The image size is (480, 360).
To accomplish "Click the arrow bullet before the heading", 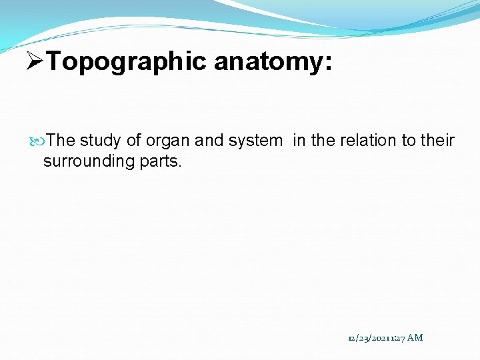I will point(34,62).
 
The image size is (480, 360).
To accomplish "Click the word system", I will point(255,141).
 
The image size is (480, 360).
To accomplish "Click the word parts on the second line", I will point(159,161).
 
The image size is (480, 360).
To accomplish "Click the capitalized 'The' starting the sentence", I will point(61,141).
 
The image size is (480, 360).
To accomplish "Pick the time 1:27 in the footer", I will point(397,338).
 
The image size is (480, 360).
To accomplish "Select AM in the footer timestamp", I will point(415,338).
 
